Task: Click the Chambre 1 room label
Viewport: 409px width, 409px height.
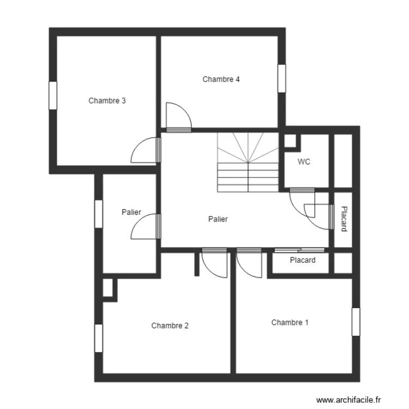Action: tap(290, 322)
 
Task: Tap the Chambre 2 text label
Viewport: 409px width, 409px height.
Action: tap(170, 326)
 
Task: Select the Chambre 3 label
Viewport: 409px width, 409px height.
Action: tap(107, 100)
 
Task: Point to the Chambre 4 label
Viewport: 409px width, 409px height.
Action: tap(221, 79)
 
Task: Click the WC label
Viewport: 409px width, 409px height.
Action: tap(304, 162)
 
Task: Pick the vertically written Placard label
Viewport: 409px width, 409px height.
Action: tap(344, 219)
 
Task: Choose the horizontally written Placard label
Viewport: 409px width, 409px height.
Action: tap(303, 260)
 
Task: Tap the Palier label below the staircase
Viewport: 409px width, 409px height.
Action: tap(218, 219)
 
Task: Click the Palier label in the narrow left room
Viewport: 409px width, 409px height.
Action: tap(131, 212)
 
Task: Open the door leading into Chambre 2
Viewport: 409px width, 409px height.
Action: tap(214, 263)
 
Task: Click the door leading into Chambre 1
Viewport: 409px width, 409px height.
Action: tap(249, 263)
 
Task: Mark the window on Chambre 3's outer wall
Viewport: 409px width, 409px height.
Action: tap(53, 95)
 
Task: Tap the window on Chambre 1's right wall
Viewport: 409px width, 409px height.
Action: tap(356, 322)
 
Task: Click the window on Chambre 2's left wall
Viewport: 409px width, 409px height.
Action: tap(99, 339)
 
